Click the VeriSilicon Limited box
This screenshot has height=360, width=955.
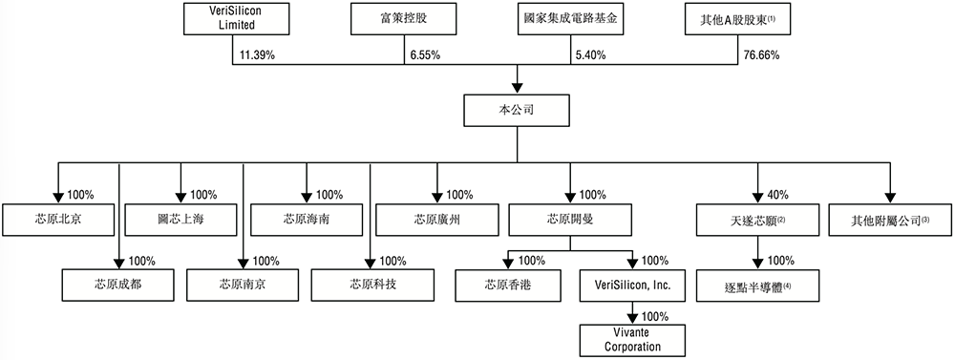tap(233, 19)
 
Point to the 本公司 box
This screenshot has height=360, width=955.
tap(517, 110)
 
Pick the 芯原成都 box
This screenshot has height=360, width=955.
tap(119, 285)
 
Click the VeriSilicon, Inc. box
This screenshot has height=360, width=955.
tap(632, 285)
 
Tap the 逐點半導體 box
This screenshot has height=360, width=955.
tap(758, 285)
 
